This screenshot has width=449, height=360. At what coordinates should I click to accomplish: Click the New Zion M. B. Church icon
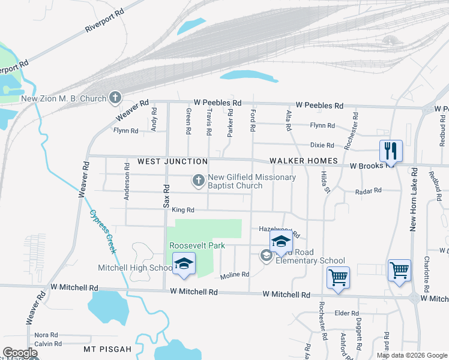click(115, 98)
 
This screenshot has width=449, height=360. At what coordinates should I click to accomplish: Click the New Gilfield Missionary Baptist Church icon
click(196, 180)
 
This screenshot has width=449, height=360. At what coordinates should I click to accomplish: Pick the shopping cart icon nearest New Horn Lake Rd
click(399, 271)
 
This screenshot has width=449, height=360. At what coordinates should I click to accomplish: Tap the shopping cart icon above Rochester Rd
click(338, 278)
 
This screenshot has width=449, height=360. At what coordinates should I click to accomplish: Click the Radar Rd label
click(369, 191)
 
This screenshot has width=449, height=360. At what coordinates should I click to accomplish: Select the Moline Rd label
click(234, 275)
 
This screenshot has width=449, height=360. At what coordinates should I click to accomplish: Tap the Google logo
click(19, 353)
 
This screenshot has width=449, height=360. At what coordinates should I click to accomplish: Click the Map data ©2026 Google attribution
click(411, 355)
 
